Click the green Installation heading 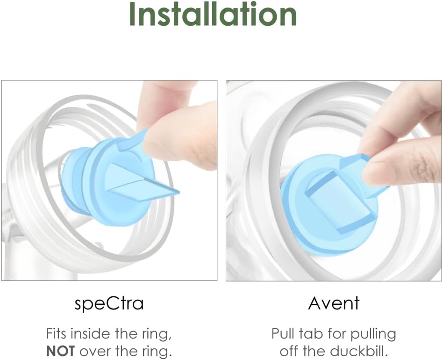tap(213, 14)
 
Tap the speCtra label tap(109, 303)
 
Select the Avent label tap(334, 303)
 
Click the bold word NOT tap(60, 351)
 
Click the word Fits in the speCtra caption tap(56, 334)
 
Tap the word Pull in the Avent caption tap(283, 334)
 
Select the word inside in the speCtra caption tap(89, 334)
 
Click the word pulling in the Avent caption tap(373, 334)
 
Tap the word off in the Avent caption tap(289, 351)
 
